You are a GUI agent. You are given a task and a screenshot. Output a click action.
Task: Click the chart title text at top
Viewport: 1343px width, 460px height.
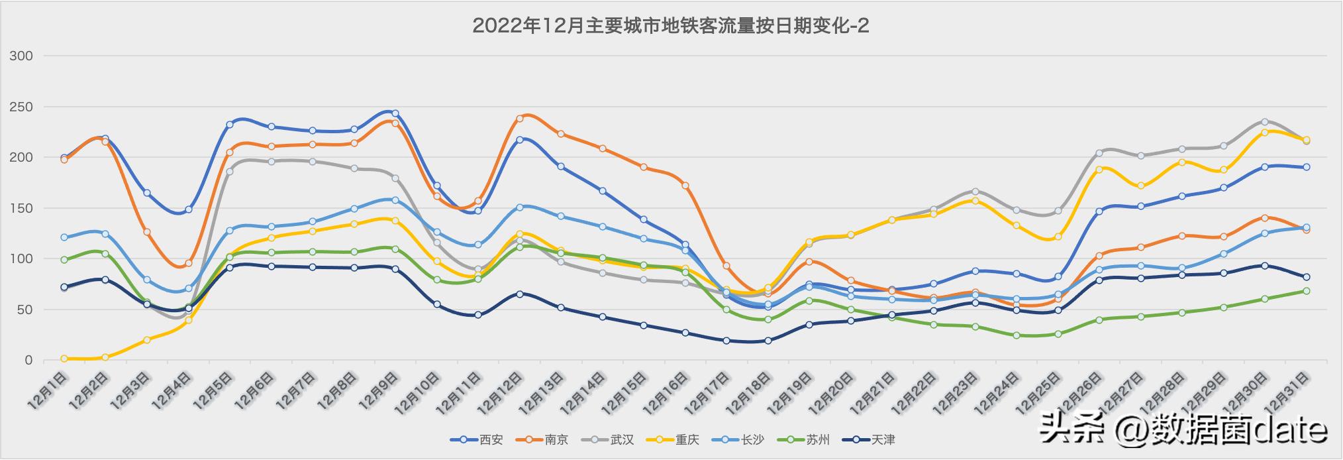tap(670, 26)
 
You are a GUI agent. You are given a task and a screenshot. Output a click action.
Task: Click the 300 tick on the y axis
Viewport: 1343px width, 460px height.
tap(21, 56)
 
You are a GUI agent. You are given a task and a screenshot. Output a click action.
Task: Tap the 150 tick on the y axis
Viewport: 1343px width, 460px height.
tap(21, 208)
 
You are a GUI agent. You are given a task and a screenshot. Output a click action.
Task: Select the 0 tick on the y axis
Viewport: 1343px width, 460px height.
tap(28, 361)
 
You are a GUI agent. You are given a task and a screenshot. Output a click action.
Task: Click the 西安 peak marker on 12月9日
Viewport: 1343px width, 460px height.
tap(395, 113)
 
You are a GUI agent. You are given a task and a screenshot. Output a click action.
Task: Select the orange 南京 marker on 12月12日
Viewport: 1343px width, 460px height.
tap(520, 119)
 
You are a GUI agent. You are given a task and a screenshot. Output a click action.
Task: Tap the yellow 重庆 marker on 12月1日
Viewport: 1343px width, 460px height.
tap(64, 359)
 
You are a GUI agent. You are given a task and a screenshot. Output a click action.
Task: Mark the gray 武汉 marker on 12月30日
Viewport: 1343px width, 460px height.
tap(1265, 122)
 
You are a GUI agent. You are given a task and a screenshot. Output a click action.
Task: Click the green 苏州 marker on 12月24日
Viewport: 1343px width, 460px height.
tap(1017, 335)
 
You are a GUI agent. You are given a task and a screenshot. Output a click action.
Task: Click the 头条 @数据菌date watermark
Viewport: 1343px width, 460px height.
tap(1183, 430)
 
